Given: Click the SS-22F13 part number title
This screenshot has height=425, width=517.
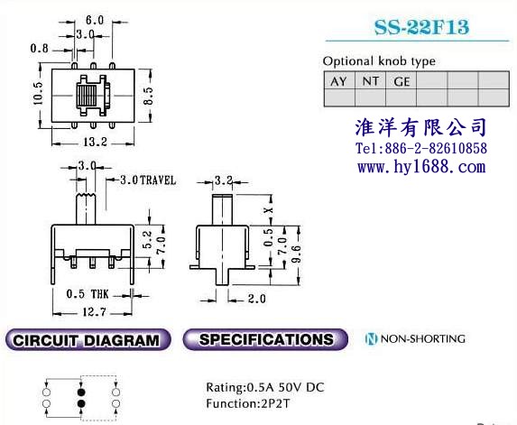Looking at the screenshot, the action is point(421,27).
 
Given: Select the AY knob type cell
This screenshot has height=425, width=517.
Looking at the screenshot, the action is point(339,81).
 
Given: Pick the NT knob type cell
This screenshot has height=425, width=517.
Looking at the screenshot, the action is point(370,81).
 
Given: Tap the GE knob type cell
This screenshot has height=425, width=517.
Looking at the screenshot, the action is point(402,81).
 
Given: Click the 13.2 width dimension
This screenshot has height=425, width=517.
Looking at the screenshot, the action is point(95,142).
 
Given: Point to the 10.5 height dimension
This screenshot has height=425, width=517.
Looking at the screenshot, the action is point(38,94).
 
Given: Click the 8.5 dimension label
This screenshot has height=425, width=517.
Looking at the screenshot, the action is point(148,96).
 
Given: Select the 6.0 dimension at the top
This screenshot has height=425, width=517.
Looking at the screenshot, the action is point(95,21).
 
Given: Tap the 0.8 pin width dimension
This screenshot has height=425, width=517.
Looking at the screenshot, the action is point(39,49).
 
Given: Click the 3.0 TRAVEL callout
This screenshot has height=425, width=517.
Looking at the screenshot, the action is point(148,180).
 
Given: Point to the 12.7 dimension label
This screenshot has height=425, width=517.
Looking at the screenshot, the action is point(95,311).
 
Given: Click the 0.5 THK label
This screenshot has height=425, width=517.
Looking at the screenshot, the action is point(88,294).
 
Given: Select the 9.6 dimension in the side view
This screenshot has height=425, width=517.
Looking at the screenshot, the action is point(297,254).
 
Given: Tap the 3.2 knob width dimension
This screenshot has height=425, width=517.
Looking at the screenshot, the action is point(224,180).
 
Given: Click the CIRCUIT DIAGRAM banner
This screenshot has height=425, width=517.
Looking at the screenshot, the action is point(88,339).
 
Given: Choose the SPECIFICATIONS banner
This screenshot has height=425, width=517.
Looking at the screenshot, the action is point(265,339).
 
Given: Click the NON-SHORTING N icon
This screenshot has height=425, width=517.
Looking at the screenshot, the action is point(371,338).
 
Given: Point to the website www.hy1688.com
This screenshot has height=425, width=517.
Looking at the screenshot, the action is point(421,167).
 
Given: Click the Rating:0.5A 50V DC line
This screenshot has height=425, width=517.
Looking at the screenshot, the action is point(265,387).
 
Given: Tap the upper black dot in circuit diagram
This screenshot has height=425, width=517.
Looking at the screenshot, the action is point(81,392).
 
